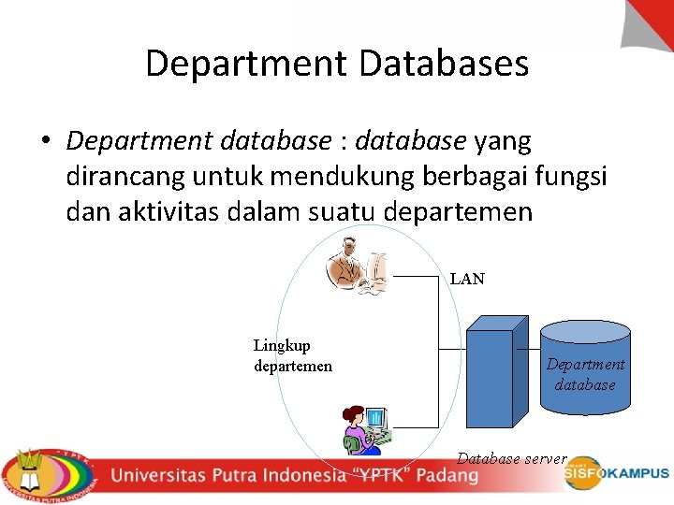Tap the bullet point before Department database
pyautogui.click(x=44, y=142)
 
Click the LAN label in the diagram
pyautogui.click(x=467, y=279)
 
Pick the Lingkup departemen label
pyautogui.click(x=292, y=355)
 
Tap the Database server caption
pyautogui.click(x=511, y=458)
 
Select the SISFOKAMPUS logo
pyautogui.click(x=616, y=474)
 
